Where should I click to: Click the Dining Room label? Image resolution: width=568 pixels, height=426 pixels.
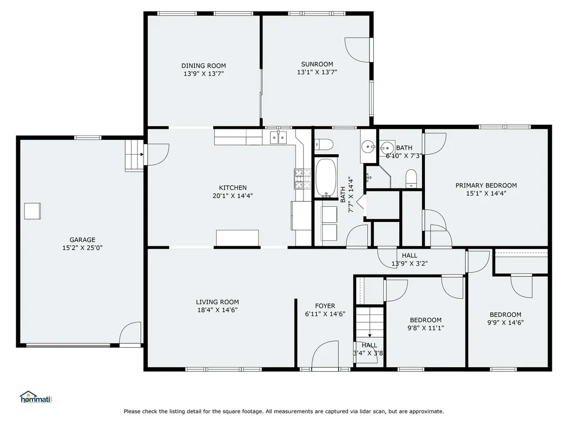tap(204, 65)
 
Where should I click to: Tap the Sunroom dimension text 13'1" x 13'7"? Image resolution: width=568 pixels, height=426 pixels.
tap(317, 72)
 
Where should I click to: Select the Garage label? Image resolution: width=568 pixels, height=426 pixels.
tap(82, 240)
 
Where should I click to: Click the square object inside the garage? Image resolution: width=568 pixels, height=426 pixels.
tap(32, 211)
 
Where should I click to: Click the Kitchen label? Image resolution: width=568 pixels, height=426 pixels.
tap(232, 187)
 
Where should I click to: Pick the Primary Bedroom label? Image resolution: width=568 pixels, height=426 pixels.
tap(486, 185)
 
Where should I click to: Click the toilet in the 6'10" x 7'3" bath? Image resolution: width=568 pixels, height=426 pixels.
tap(411, 177)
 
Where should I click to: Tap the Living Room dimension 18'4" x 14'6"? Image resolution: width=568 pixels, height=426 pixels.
tap(217, 310)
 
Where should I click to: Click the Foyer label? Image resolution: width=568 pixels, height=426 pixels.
tap(325, 306)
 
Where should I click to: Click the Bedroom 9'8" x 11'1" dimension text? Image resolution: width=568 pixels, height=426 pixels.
tap(425, 328)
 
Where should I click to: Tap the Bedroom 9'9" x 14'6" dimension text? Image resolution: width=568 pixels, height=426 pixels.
tap(505, 322)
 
